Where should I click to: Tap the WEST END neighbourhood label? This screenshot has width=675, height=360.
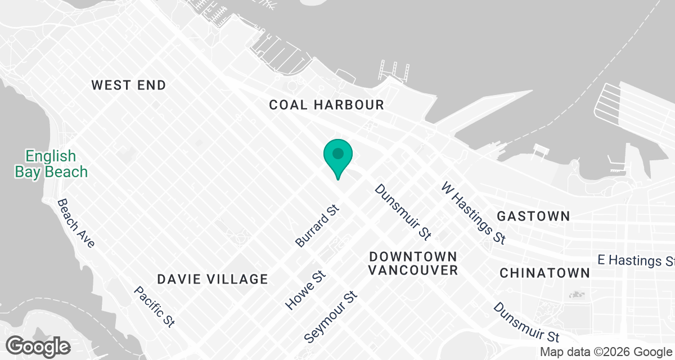click(129, 85)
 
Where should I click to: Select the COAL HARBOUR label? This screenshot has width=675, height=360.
click(326, 105)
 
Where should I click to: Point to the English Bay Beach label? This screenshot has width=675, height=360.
click(51, 164)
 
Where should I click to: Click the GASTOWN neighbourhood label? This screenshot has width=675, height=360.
click(533, 216)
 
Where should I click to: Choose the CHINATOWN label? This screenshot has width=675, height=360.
click(544, 273)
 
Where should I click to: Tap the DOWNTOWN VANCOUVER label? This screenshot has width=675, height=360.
click(413, 263)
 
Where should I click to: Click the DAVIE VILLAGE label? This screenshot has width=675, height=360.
click(212, 279)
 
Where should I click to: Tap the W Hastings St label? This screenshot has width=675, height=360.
click(473, 213)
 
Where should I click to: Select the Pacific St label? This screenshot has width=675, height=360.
click(154, 306)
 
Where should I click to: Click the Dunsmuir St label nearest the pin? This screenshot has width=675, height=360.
click(403, 210)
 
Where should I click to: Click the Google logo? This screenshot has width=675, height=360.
click(38, 346)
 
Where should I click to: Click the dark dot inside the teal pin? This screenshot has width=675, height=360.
click(338, 153)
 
